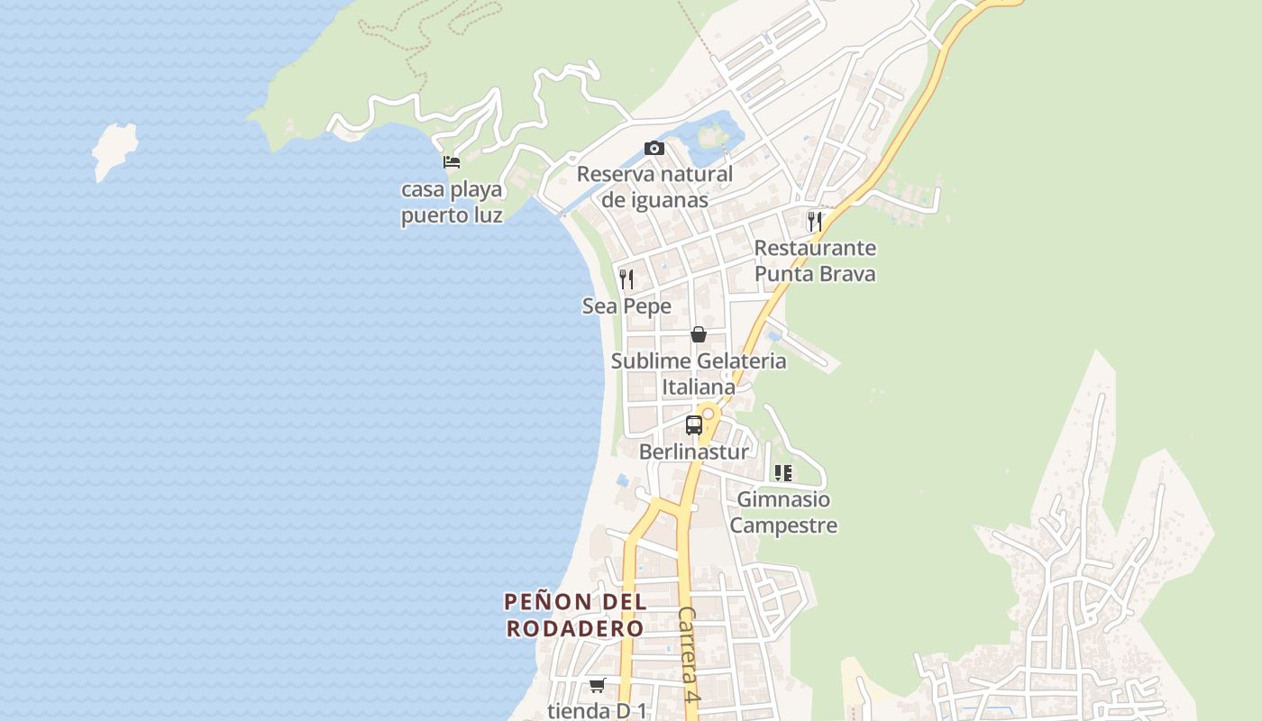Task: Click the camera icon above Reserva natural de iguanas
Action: (654, 148)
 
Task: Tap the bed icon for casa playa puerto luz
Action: (452, 162)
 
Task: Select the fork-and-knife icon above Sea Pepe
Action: (626, 278)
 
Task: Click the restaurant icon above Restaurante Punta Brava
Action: (814, 221)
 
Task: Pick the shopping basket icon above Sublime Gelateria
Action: (698, 334)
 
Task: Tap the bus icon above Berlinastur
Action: (693, 425)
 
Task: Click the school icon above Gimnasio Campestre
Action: (782, 472)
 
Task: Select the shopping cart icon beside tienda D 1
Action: (597, 685)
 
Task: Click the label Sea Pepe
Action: (626, 306)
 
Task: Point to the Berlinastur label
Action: (693, 452)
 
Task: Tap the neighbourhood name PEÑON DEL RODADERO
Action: (575, 615)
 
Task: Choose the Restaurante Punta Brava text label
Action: (815, 260)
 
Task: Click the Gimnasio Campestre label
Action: (783, 512)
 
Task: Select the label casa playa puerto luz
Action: (452, 203)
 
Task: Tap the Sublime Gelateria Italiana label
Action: (699, 374)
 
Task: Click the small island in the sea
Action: (115, 150)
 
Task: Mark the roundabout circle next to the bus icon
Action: (709, 414)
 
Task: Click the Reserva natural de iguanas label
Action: (654, 187)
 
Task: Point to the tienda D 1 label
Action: (597, 710)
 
